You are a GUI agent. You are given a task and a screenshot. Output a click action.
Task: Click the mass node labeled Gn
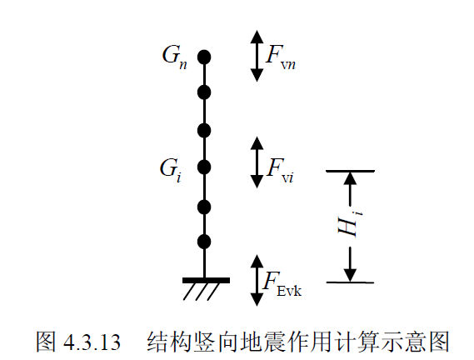(x=204, y=57)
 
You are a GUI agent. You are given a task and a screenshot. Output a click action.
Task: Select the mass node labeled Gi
(x=204, y=167)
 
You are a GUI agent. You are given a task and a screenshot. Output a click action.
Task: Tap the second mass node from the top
(x=204, y=92)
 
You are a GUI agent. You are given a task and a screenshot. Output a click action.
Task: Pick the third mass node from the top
(x=204, y=131)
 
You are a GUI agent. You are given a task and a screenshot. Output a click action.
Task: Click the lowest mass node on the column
(x=204, y=242)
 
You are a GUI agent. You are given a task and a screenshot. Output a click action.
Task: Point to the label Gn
(x=174, y=57)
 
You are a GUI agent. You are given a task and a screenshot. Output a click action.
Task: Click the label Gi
(x=171, y=170)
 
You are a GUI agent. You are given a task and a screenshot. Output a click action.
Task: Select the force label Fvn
(x=281, y=57)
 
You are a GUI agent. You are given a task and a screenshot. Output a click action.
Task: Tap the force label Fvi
(x=280, y=170)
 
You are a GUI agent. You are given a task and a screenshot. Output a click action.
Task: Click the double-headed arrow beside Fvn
(x=257, y=56)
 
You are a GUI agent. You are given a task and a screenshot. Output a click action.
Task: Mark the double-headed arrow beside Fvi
(x=257, y=162)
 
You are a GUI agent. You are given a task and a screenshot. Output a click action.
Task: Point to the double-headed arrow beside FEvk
(x=257, y=281)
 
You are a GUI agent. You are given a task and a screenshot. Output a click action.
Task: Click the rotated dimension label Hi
(x=350, y=224)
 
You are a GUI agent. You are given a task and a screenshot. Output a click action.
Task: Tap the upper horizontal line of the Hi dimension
(x=350, y=171)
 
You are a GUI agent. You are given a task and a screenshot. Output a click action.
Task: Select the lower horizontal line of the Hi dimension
(x=350, y=282)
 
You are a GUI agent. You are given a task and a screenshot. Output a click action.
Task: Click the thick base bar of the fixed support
(x=206, y=280)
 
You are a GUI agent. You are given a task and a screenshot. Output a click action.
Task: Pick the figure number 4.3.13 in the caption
(x=92, y=342)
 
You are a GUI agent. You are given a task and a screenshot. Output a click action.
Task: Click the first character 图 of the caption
(x=46, y=342)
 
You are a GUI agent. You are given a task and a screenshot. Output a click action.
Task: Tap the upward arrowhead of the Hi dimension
(x=350, y=178)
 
